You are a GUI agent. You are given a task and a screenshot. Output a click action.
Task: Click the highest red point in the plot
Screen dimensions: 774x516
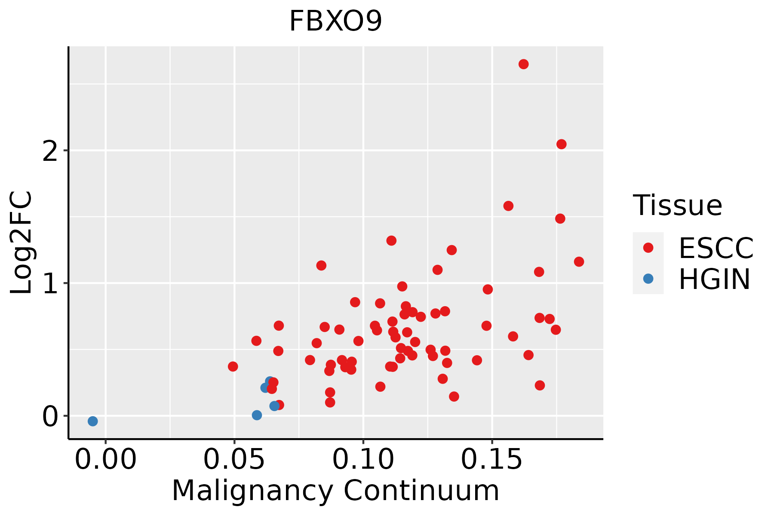click(523, 64)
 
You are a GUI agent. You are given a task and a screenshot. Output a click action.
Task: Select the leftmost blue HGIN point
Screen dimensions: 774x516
click(92, 421)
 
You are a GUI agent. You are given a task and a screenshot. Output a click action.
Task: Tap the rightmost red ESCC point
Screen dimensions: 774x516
click(579, 261)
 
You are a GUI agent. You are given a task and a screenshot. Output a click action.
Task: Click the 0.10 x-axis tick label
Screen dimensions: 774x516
click(363, 459)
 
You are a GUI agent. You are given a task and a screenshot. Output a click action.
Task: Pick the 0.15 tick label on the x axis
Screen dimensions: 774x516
click(492, 459)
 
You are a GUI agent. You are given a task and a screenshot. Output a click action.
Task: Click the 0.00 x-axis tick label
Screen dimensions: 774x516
click(105, 459)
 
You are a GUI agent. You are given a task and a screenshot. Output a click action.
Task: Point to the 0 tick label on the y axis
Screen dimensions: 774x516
click(50, 416)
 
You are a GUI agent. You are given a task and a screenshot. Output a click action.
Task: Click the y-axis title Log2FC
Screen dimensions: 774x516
click(21, 243)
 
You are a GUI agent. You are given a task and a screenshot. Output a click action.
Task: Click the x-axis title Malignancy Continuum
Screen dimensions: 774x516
click(335, 491)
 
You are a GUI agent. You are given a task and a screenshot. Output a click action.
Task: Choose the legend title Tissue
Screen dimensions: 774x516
click(677, 205)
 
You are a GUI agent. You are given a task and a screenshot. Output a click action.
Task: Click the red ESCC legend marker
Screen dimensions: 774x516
click(648, 248)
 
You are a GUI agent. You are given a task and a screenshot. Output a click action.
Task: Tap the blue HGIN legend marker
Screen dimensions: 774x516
click(648, 279)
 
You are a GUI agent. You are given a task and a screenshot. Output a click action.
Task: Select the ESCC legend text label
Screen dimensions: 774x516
click(716, 248)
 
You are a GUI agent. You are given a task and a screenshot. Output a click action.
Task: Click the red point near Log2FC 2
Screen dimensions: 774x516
click(561, 144)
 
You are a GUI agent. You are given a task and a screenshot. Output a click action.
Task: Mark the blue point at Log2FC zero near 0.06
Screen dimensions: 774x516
click(257, 415)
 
